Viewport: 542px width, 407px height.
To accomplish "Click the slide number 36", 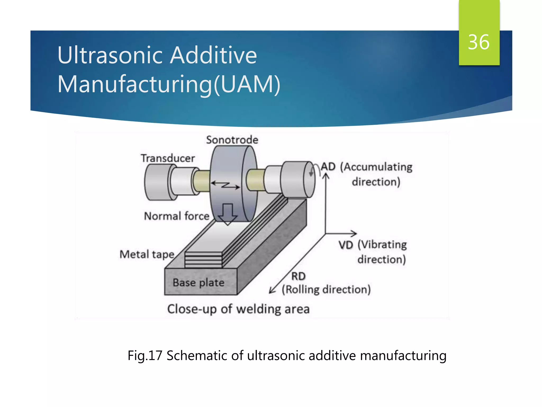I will point(478,42).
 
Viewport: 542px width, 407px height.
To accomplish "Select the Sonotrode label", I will point(232,140).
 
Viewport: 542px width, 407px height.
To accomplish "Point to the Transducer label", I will point(168,158).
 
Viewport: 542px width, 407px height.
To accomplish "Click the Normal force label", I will point(177,216).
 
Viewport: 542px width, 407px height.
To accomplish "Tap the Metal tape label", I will point(147,254).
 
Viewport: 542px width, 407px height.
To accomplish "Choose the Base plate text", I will point(198,282).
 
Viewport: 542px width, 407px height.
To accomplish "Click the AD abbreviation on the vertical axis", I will point(328,167).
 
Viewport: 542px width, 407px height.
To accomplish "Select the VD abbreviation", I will point(346,245).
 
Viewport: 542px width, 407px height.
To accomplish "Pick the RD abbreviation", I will point(298,276).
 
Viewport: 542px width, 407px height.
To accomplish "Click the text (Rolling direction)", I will point(326,289).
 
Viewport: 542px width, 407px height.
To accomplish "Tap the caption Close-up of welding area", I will point(238,309).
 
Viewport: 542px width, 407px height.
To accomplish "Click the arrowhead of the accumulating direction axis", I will point(326,175).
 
